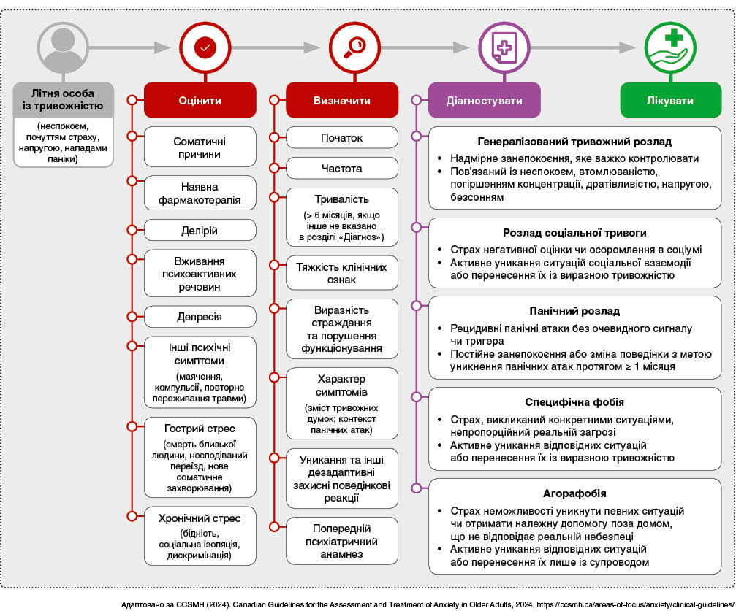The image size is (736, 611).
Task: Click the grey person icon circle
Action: pos(63,48)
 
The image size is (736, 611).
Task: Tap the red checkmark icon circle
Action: pos(205,48)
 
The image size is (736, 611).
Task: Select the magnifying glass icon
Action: pos(354,48)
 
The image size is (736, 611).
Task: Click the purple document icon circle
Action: pos(502,48)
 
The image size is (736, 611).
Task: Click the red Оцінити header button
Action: pos(200,100)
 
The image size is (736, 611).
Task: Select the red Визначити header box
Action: pos(341,100)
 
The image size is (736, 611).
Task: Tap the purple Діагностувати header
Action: pos(485,100)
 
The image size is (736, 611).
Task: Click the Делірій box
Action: pos(200,231)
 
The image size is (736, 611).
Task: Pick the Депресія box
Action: pos(200,317)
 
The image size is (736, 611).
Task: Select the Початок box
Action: pos(341,137)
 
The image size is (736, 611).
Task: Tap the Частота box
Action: pos(341,169)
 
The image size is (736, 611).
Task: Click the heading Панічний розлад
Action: pos(574,310)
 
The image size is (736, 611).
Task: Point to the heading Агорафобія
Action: pos(574,493)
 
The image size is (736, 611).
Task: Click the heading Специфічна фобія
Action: pos(574,402)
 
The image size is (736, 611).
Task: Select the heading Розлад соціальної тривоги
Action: pos(574,233)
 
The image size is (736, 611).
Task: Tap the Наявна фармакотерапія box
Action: pos(200,193)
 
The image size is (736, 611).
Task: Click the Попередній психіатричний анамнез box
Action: pos(341,541)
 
